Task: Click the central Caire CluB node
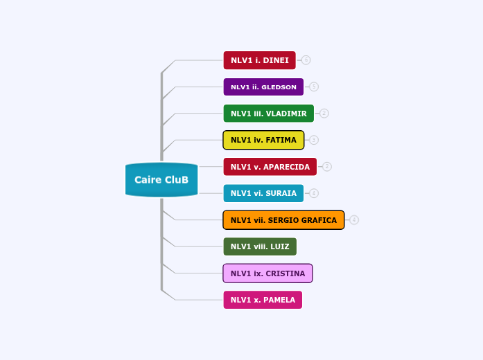click(x=161, y=180)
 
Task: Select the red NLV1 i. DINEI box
click(x=259, y=60)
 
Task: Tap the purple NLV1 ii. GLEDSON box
click(x=263, y=87)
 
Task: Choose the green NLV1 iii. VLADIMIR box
click(x=268, y=114)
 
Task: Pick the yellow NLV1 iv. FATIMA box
click(x=263, y=140)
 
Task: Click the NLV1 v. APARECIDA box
click(x=270, y=167)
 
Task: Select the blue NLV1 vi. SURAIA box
click(x=263, y=193)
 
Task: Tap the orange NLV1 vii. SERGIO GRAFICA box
click(x=283, y=220)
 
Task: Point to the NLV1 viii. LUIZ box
click(x=260, y=246)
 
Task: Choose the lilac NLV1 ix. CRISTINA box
click(x=267, y=273)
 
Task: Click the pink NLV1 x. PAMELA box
click(x=263, y=300)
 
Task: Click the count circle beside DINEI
click(x=306, y=60)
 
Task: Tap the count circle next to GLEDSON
click(x=314, y=87)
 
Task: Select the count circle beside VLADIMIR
click(x=324, y=114)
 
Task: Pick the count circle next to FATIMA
click(x=314, y=140)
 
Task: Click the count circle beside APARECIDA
click(x=327, y=167)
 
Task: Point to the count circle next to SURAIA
click(x=314, y=193)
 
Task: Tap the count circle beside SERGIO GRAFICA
click(x=354, y=220)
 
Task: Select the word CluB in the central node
click(x=177, y=180)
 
